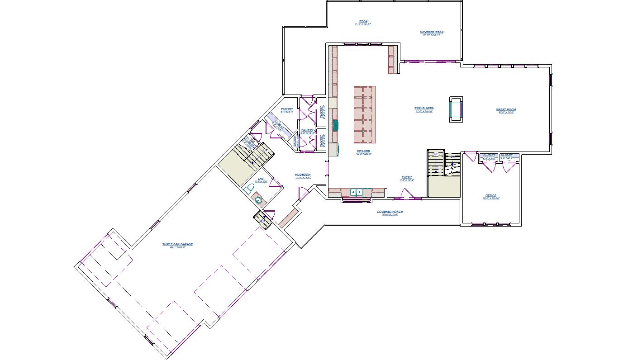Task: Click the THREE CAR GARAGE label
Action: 178,244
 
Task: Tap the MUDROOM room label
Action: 303,175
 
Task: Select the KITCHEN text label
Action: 363,152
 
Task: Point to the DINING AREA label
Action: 424,109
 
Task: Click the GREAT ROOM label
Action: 505,109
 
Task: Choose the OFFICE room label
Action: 491,196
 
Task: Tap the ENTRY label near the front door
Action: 407,178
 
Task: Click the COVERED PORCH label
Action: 390,212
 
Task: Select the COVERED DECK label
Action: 432,33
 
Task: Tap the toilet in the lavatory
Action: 250,187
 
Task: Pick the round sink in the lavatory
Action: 258,199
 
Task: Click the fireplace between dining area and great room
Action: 456,109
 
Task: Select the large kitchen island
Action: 365,114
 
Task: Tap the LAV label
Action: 261,179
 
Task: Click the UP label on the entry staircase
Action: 436,155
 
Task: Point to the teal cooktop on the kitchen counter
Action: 335,125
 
